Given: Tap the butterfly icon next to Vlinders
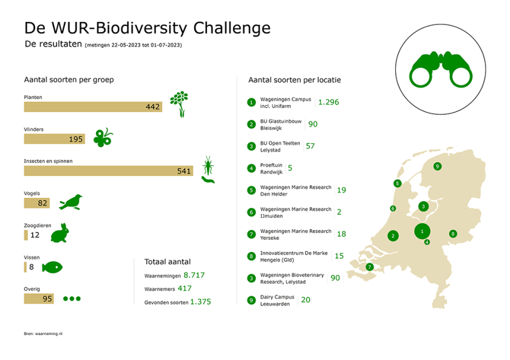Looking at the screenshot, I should click(x=103, y=138).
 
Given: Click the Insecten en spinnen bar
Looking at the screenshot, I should click(x=108, y=171).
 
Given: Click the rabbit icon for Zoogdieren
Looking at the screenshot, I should click(x=59, y=233).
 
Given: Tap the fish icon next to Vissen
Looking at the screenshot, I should click(x=52, y=267).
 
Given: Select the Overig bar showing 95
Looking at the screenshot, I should click(x=39, y=299).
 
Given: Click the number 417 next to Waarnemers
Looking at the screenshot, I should click(x=185, y=288).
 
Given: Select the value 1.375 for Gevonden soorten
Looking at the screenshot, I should click(x=200, y=302).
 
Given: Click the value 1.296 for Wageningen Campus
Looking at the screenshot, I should click(x=328, y=102).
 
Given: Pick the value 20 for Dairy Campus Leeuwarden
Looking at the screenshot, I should click(x=305, y=299).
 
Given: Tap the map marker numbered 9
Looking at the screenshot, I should click(x=437, y=166).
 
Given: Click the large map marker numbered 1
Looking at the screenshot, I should click(x=423, y=231).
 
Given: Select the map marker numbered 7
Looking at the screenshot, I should click(x=369, y=267).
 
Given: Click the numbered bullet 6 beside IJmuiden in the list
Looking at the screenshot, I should click(x=251, y=212).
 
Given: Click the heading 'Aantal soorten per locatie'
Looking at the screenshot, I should click(x=294, y=80).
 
